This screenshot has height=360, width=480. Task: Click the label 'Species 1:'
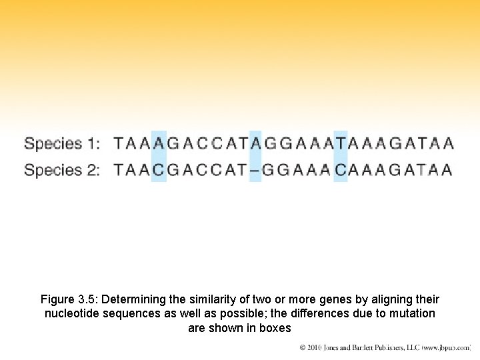click(x=62, y=143)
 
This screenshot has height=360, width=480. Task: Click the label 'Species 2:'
click(x=62, y=170)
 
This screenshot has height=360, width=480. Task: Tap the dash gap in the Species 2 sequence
click(x=255, y=171)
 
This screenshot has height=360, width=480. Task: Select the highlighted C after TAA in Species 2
click(x=158, y=171)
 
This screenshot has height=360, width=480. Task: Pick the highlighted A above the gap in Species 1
click(x=255, y=143)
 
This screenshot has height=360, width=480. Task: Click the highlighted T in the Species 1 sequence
click(x=341, y=143)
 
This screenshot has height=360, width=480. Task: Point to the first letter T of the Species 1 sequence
click(x=118, y=143)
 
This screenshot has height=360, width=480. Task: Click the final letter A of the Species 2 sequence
click(x=447, y=171)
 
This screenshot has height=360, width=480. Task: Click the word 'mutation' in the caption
click(x=413, y=313)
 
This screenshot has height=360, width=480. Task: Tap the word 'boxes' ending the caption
click(x=277, y=328)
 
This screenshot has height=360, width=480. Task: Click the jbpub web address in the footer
click(x=445, y=348)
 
